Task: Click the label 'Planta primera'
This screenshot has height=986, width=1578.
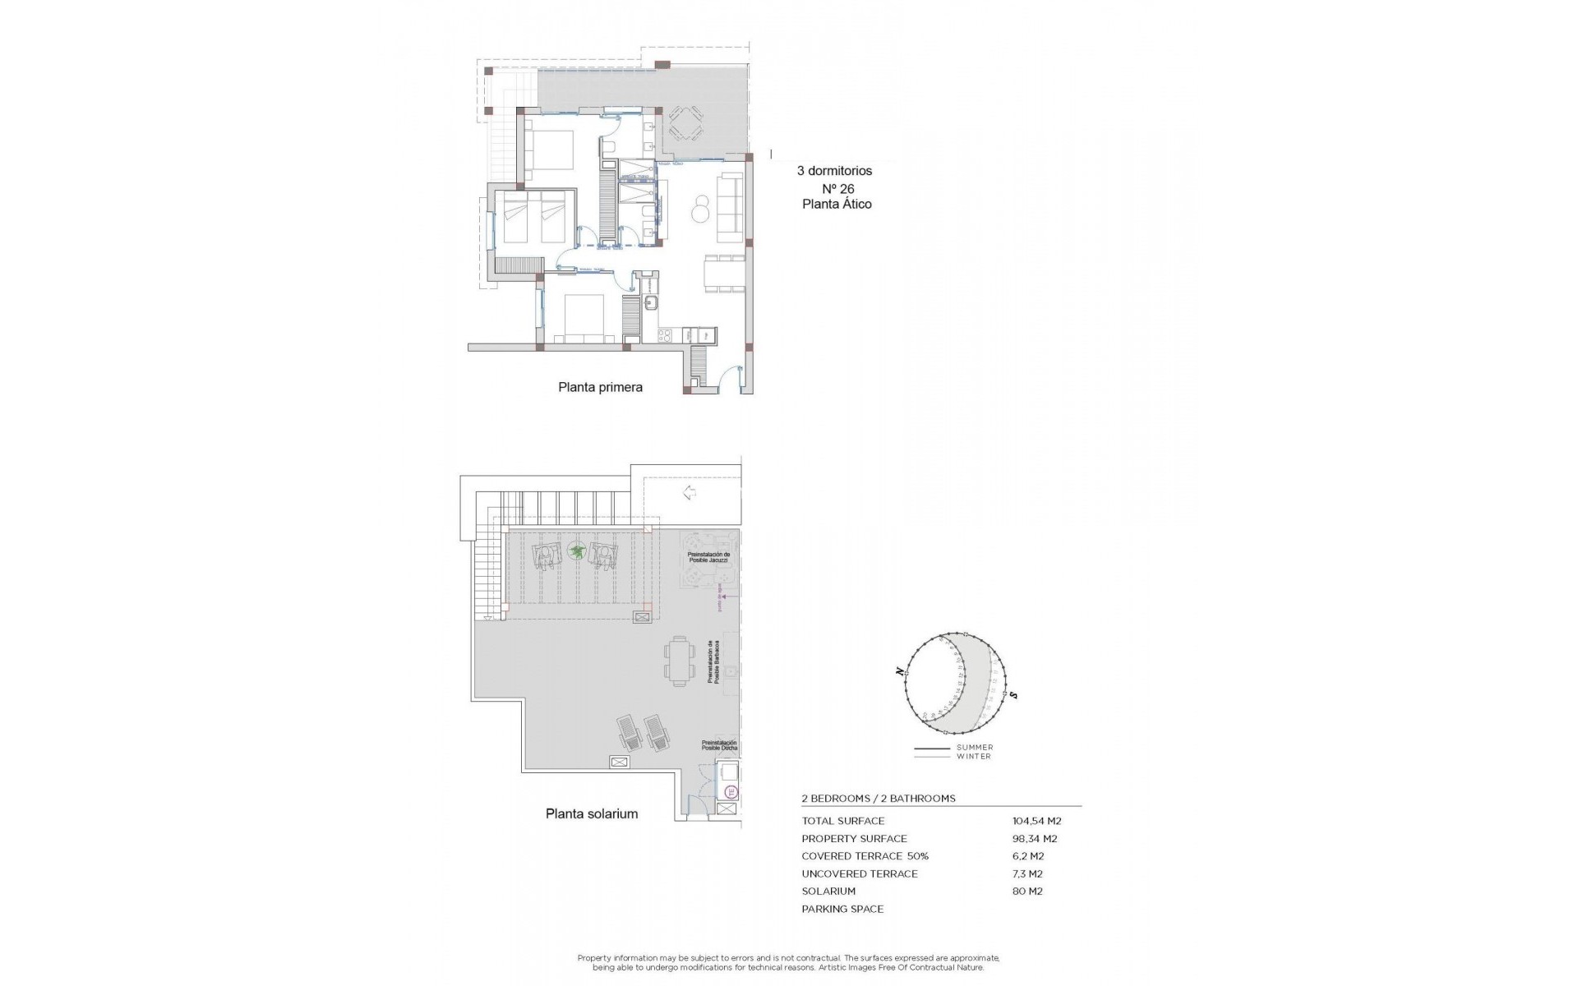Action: pos(600,387)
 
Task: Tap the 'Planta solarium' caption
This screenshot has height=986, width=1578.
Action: pos(592,814)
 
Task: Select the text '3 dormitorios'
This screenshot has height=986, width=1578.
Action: pos(834,171)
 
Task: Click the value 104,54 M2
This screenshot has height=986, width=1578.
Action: pos(1036,821)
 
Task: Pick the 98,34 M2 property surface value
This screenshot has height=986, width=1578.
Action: pos(1035,839)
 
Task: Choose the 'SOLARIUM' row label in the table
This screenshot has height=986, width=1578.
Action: pos(828,892)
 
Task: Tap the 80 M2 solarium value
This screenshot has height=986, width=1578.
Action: pos(1027,892)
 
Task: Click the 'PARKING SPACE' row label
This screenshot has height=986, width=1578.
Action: pos(842,910)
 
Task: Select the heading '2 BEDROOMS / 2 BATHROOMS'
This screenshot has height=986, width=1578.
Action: pos(879,799)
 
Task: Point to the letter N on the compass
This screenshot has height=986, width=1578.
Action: pos(901,672)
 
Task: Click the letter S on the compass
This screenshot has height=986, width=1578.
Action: pos(1014,695)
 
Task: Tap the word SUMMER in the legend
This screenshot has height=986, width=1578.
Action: pos(974,748)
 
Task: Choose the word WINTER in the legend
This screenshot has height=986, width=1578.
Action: pos(973,757)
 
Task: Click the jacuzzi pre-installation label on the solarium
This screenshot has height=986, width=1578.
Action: pos(708,557)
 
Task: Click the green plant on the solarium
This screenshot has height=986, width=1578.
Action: pos(578,551)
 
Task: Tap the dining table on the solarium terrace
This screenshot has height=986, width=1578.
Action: pos(679,661)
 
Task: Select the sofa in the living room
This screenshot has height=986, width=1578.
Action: pos(731,209)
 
